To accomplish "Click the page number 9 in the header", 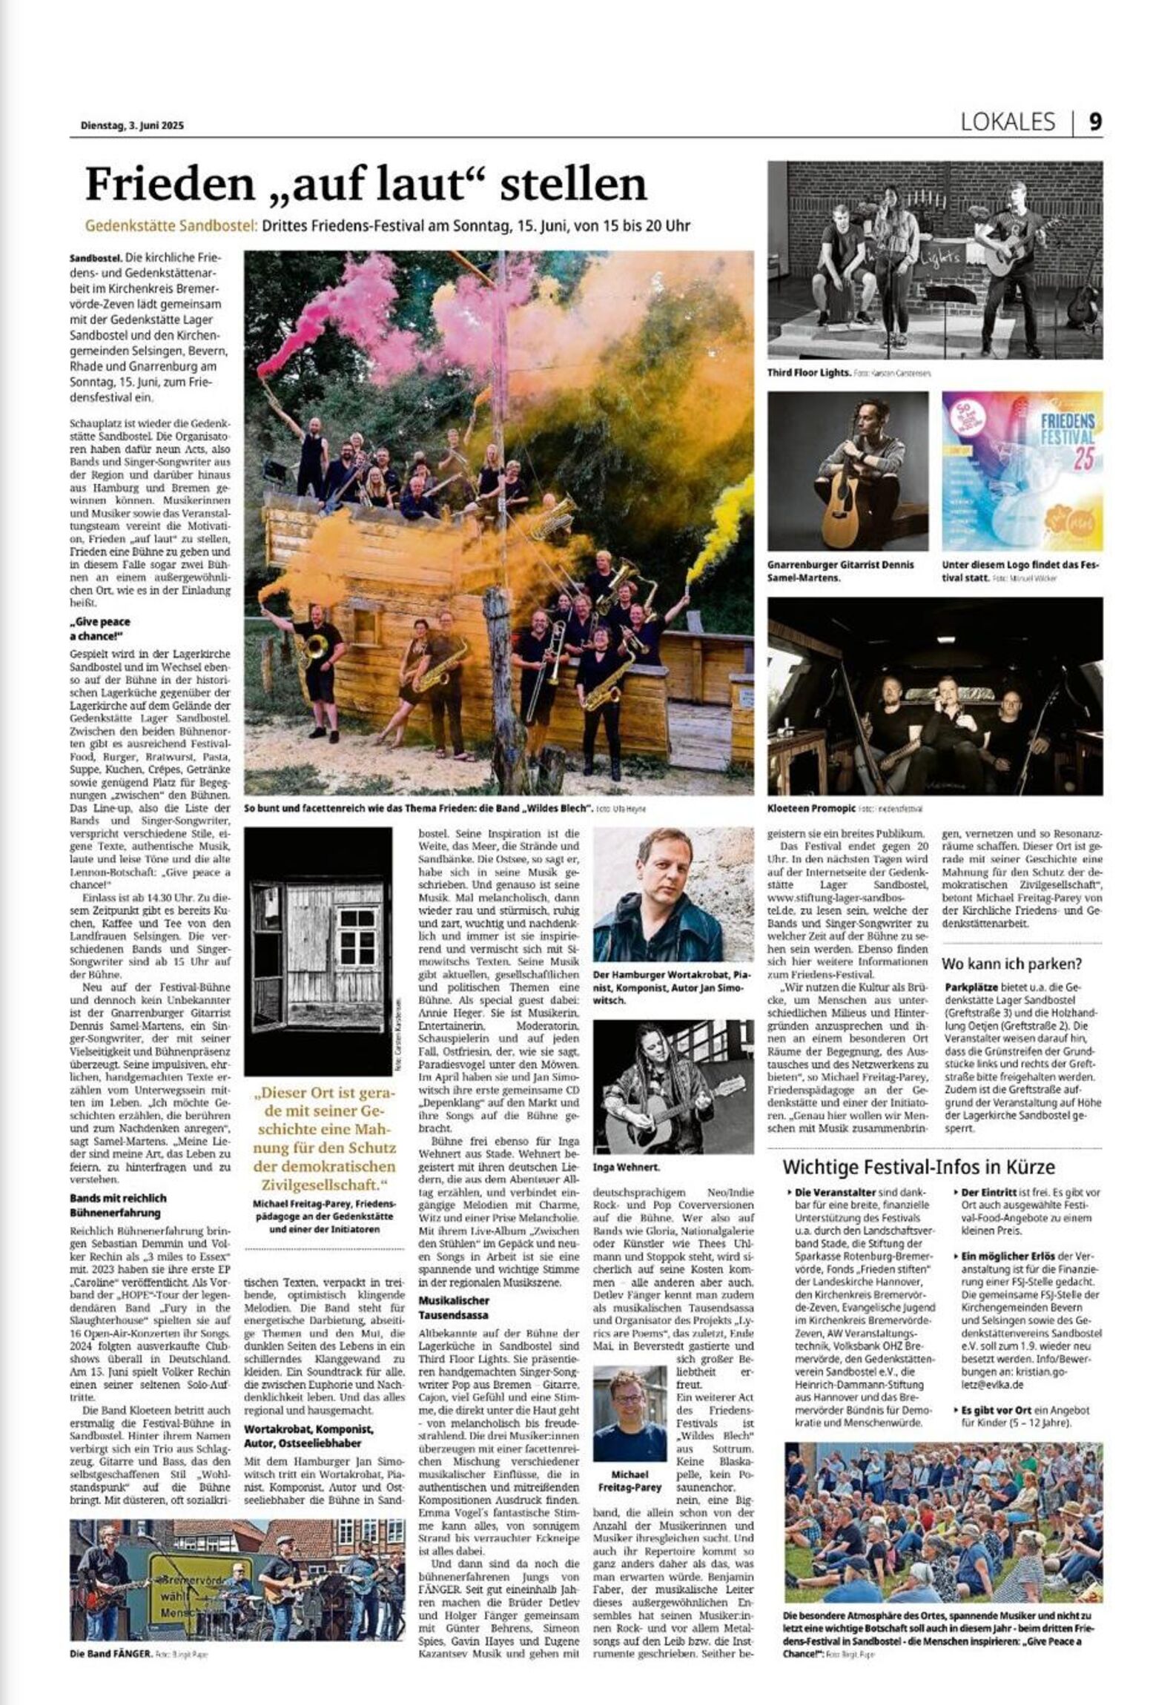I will [x=1094, y=122].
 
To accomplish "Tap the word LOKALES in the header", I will [x=1007, y=122].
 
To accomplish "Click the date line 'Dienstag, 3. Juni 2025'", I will [x=131, y=125].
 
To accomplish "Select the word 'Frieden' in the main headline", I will [x=169, y=185].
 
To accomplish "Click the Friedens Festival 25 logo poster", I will [x=1021, y=471].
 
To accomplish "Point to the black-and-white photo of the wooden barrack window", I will [x=318, y=951].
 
